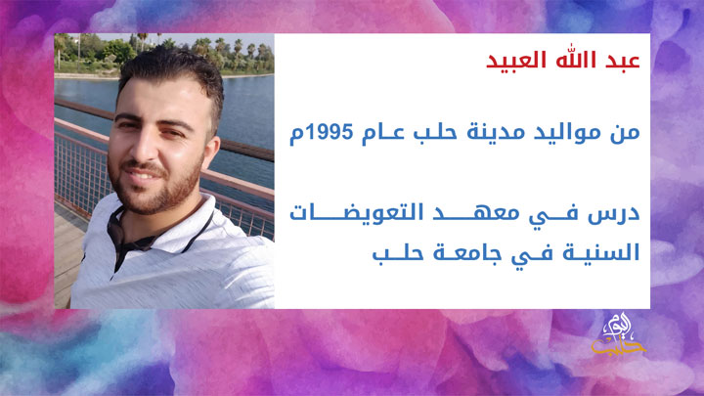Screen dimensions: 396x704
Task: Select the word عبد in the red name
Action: (x=620, y=63)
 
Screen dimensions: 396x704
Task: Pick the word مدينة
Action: (x=498, y=131)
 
